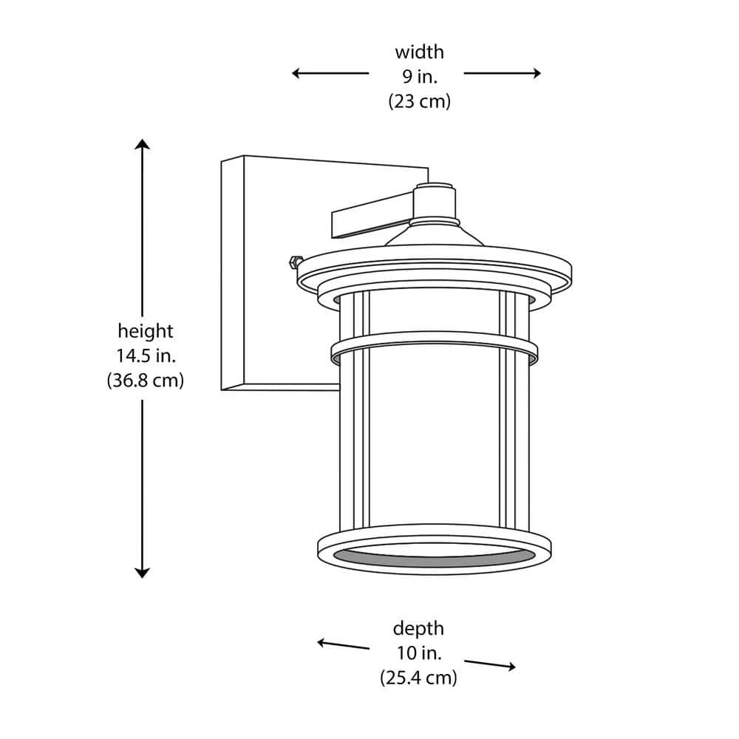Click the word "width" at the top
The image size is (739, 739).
pyautogui.click(x=420, y=52)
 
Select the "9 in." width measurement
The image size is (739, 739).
pyautogui.click(x=420, y=76)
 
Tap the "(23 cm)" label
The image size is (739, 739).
pyautogui.click(x=420, y=101)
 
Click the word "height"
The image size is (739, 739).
pyautogui.click(x=146, y=331)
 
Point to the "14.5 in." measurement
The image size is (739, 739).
pyautogui.click(x=146, y=356)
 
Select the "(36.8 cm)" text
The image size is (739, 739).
pyautogui.click(x=146, y=381)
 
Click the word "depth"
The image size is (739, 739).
pyautogui.click(x=418, y=629)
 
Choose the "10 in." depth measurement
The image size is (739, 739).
pyautogui.click(x=419, y=653)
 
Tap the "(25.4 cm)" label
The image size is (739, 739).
pyautogui.click(x=418, y=678)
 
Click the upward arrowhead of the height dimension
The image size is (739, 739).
pyautogui.click(x=142, y=143)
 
